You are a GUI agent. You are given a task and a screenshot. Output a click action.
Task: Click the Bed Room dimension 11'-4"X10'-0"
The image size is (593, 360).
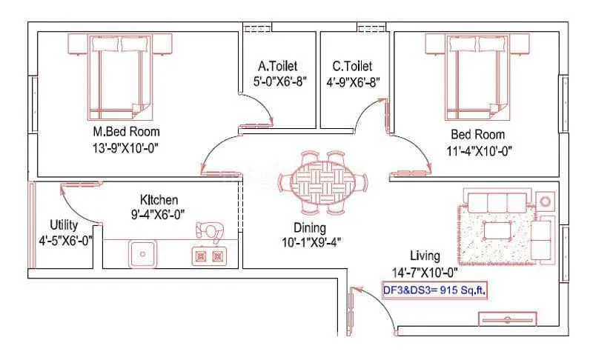point(478,150)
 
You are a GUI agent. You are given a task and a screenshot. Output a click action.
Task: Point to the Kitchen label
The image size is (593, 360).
point(159,200)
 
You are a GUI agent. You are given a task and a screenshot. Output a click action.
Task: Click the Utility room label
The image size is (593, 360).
point(64,224)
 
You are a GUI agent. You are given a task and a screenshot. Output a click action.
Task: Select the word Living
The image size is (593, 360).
point(424,256)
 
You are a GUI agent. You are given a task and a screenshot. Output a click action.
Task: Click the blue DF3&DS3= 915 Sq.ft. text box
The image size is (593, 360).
point(434,290)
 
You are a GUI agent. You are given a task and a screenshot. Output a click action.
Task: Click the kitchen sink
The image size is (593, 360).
point(141,255)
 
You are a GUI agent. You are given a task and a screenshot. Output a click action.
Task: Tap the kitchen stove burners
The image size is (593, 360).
point(208,256)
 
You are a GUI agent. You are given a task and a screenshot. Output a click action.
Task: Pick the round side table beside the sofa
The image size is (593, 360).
point(546,201)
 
